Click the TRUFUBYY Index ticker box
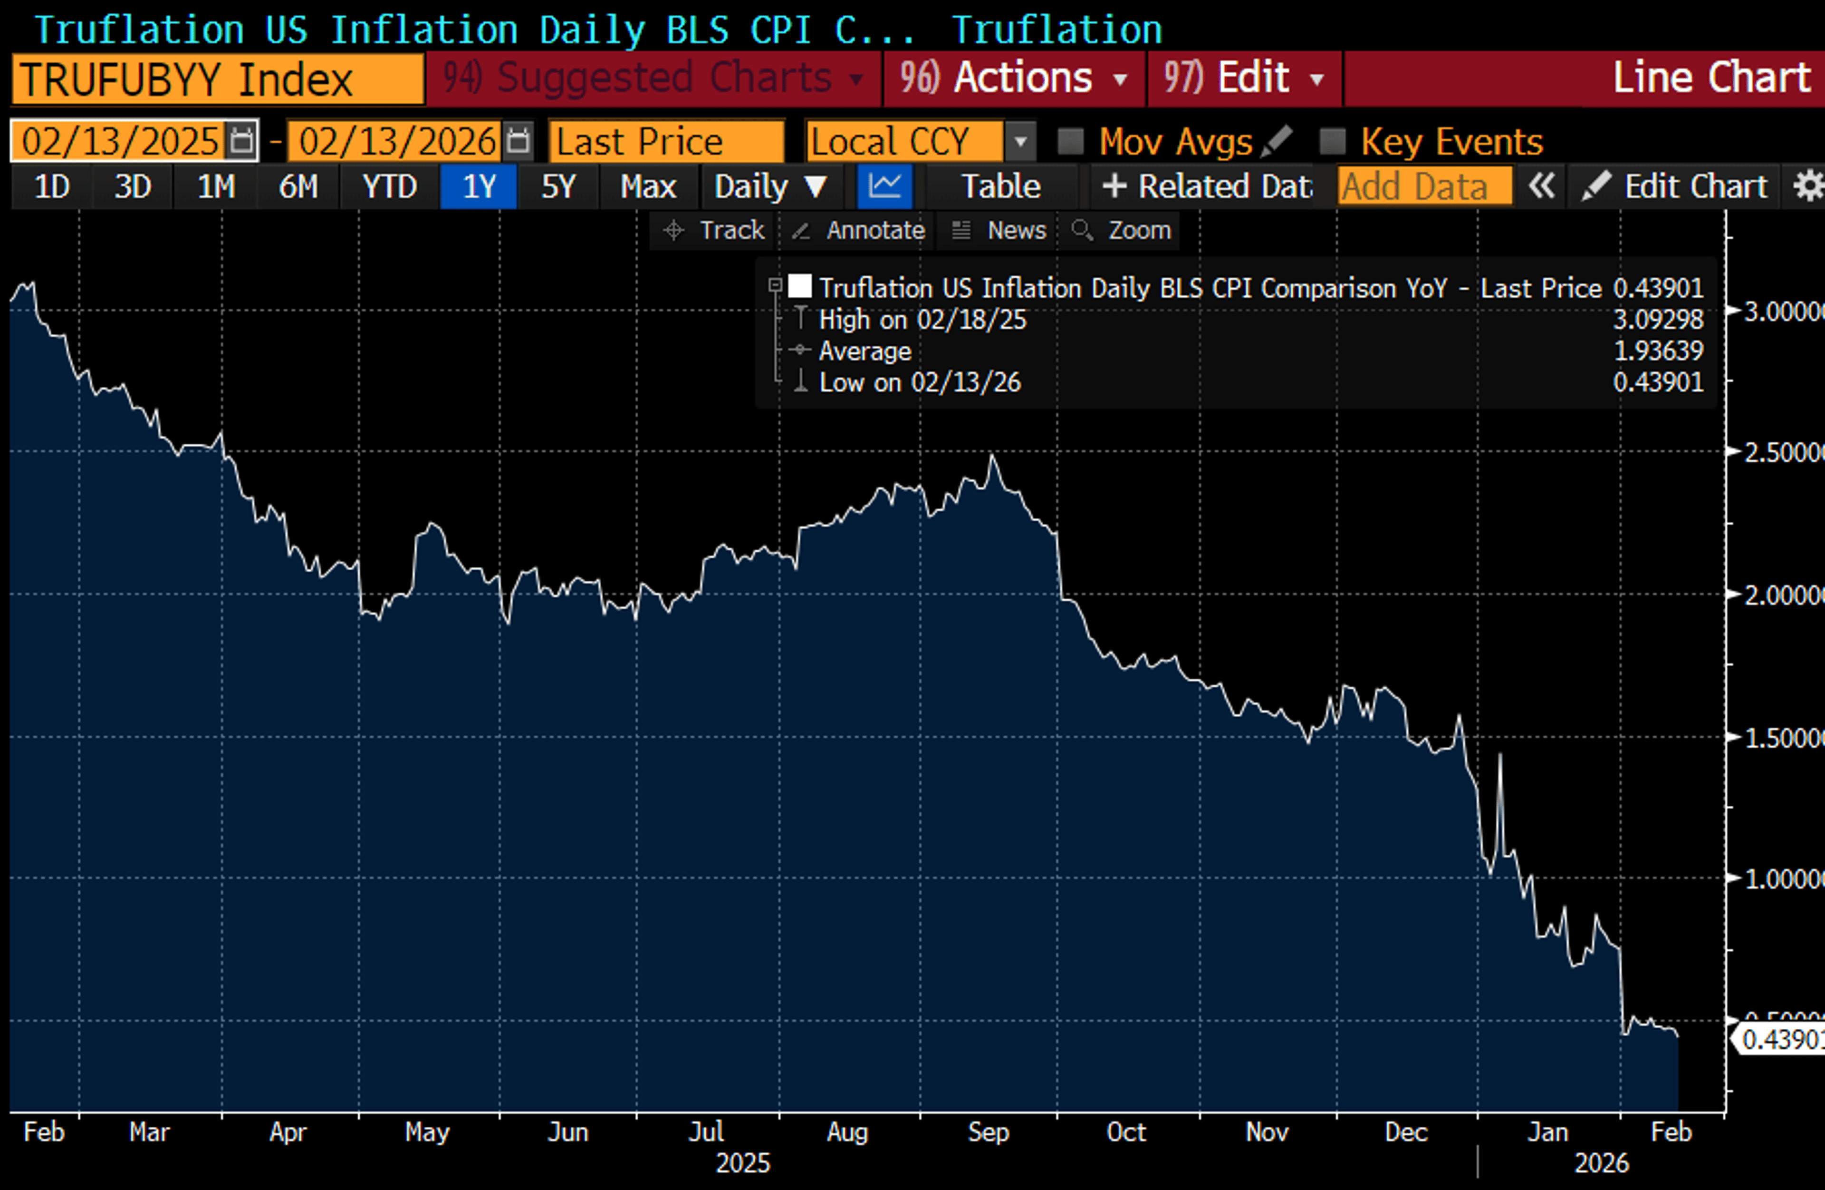(217, 79)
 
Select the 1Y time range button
(479, 186)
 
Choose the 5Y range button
(558, 186)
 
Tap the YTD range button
(390, 186)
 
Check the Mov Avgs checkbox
(1070, 141)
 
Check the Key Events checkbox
(1333, 141)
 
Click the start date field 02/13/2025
(120, 141)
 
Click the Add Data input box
(1424, 186)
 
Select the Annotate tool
(860, 230)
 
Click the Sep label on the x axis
(989, 1131)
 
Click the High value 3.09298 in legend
(1658, 319)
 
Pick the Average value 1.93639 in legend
(1658, 351)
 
